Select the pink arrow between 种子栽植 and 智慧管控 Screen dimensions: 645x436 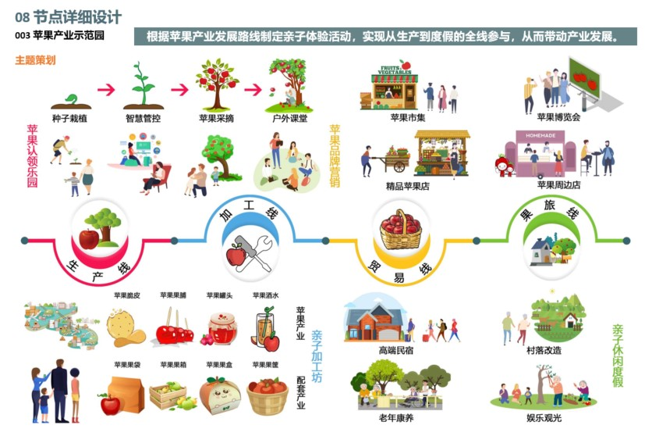point(106,89)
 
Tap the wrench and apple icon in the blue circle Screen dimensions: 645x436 point(248,249)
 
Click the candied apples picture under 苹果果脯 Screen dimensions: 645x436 point(174,329)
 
